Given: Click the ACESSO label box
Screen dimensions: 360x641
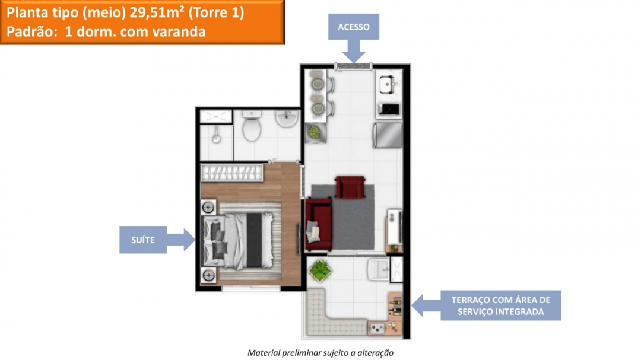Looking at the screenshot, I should [x=353, y=27].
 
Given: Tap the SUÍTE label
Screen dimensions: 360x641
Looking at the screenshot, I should [x=143, y=240].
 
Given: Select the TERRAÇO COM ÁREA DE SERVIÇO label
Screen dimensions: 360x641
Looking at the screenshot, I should [x=500, y=305].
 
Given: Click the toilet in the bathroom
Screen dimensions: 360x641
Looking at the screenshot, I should [x=252, y=129].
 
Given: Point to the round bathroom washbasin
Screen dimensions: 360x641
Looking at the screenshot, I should [x=287, y=120].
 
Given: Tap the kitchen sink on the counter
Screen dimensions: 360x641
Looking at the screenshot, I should [x=388, y=85].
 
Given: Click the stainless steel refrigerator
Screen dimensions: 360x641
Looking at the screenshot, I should [x=387, y=135].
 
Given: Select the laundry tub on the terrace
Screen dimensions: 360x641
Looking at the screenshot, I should [x=377, y=270].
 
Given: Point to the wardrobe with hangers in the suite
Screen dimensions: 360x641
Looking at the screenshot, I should [x=232, y=173].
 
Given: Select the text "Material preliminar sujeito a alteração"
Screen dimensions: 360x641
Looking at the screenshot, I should [x=320, y=352].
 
